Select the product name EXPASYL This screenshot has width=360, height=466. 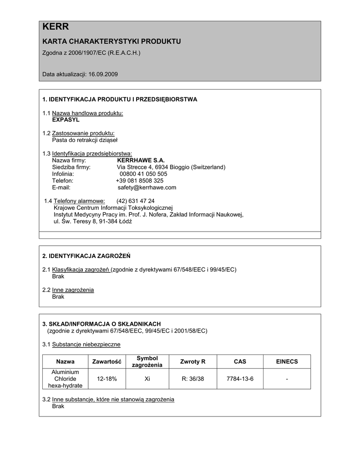point(66,120)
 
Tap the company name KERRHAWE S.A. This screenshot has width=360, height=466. point(141,160)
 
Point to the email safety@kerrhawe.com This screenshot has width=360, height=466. point(147,187)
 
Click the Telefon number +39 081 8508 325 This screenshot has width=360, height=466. point(140,181)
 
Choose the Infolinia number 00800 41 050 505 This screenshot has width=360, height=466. point(143,174)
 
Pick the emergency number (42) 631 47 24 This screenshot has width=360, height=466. point(135,201)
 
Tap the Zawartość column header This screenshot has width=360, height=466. point(107,362)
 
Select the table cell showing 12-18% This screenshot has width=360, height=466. point(107,379)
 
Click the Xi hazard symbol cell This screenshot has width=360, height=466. point(147,379)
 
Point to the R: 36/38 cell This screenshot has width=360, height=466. point(193,379)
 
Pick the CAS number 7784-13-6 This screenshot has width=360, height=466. point(240,379)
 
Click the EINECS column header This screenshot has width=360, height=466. point(287,362)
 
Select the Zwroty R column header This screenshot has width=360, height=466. point(193,362)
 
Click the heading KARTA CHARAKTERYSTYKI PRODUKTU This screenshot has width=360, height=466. point(112,41)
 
